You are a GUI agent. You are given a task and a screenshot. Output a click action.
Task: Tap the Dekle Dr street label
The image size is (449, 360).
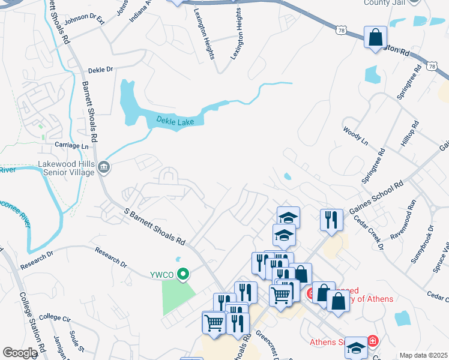pyautogui.click(x=100, y=70)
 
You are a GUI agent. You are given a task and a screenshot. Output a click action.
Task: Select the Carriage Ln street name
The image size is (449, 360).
pyautogui.click(x=71, y=146)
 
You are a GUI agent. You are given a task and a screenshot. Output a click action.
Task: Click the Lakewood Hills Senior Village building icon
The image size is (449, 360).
pyautogui.click(x=104, y=166)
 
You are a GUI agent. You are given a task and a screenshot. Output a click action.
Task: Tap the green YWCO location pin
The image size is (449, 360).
pyautogui.click(x=185, y=275)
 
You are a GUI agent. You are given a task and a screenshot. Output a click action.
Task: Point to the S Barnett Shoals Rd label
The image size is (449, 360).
pyautogui.click(x=154, y=225)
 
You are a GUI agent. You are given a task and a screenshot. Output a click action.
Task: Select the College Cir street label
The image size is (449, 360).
pyautogui.click(x=55, y=317)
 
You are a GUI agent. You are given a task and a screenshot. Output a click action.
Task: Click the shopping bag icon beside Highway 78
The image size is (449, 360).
pyautogui.click(x=375, y=37)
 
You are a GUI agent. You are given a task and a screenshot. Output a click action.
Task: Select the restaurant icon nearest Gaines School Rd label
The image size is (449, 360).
pyautogui.click(x=331, y=220)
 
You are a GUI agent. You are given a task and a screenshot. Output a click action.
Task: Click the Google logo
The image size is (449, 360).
pyautogui.click(x=20, y=353)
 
